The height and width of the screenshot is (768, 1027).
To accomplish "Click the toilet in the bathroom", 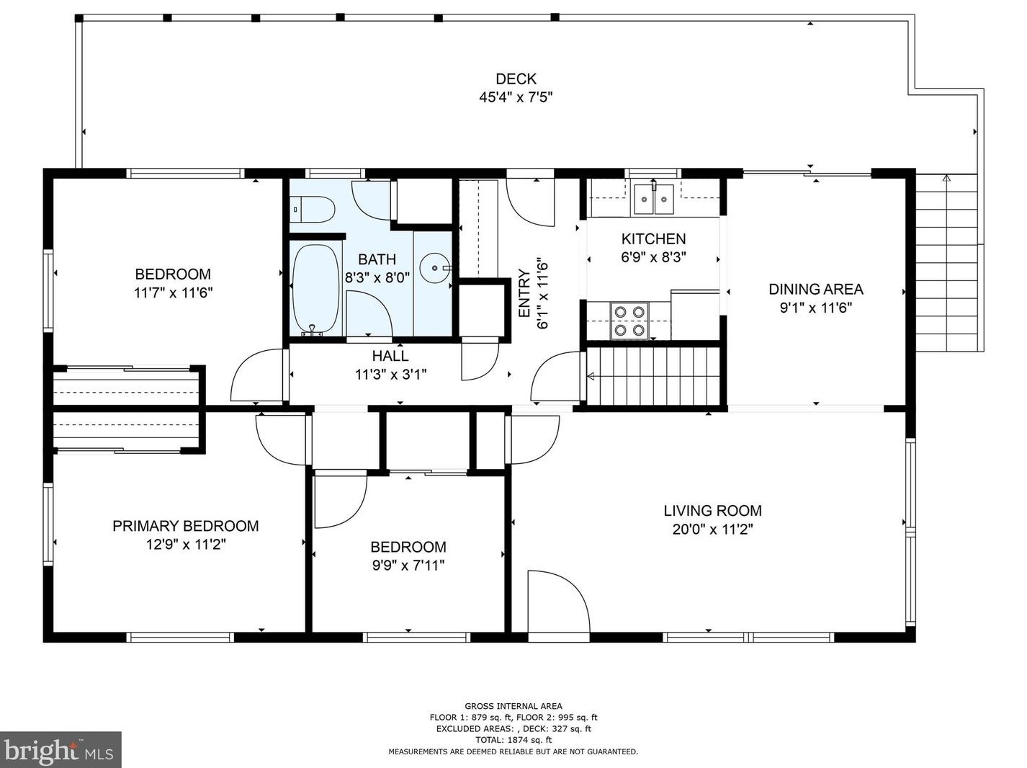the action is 311,209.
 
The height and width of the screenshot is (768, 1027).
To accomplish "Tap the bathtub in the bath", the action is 315,288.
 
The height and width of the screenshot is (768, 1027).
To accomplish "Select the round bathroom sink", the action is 435,268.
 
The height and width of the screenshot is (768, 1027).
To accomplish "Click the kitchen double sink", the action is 654,199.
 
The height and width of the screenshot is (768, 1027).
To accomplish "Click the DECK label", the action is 516,79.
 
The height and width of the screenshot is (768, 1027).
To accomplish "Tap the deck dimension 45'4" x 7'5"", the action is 516,97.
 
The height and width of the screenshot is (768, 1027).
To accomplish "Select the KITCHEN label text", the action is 653,238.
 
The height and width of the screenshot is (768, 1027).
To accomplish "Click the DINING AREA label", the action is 816,289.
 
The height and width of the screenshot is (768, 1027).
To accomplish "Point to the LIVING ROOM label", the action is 712,511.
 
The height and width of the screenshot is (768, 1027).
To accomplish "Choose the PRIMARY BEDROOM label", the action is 185,526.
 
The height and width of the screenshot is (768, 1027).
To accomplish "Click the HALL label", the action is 390,356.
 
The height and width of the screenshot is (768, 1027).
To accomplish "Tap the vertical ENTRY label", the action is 524,293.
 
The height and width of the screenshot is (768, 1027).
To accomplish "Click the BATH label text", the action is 377,259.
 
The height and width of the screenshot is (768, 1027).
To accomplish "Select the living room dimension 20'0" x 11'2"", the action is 712,530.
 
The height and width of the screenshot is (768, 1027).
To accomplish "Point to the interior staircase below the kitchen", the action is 653,376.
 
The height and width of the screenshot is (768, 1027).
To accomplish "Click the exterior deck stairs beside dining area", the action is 946,263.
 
